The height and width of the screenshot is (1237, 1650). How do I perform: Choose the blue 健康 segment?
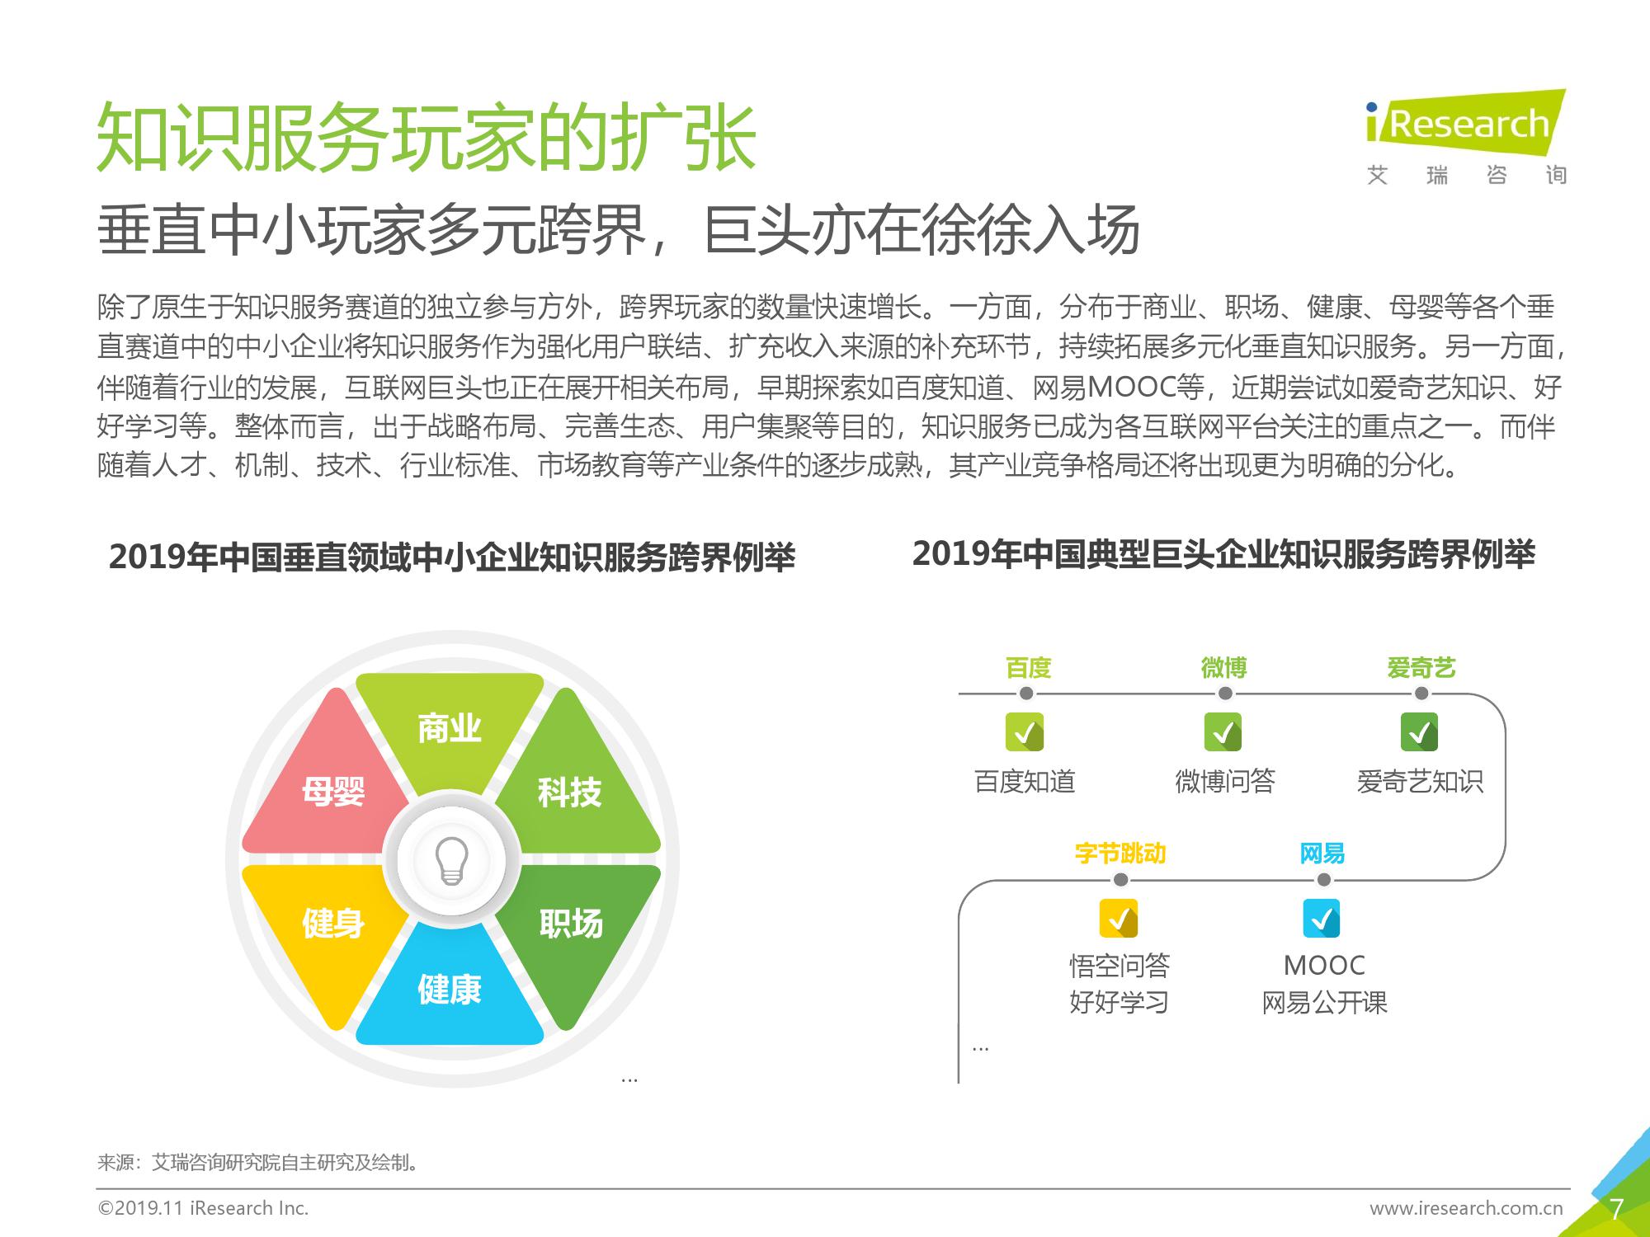coord(450,985)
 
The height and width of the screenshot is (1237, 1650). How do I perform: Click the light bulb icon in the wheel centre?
coord(451,861)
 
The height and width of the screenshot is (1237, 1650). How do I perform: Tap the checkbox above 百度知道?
coord(1025,732)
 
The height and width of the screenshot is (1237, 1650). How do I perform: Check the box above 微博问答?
coord(1223,732)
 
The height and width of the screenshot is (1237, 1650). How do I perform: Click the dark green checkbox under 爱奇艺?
coord(1420,732)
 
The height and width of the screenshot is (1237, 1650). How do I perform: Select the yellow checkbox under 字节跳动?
coord(1119,918)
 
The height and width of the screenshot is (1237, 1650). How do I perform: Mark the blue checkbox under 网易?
coord(1322,918)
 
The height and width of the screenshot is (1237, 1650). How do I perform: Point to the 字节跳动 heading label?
coord(1120,854)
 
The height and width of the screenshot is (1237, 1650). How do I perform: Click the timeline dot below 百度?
coord(1026,694)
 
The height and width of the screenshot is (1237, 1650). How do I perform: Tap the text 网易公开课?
coord(1325,1003)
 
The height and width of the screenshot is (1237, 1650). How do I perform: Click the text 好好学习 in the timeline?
coord(1120,1003)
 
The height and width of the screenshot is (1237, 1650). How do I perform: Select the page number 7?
coord(1617,1209)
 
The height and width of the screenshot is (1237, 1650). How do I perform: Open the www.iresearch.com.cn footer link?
coord(1467,1209)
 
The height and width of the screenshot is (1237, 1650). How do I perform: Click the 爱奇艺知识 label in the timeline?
coord(1420,781)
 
